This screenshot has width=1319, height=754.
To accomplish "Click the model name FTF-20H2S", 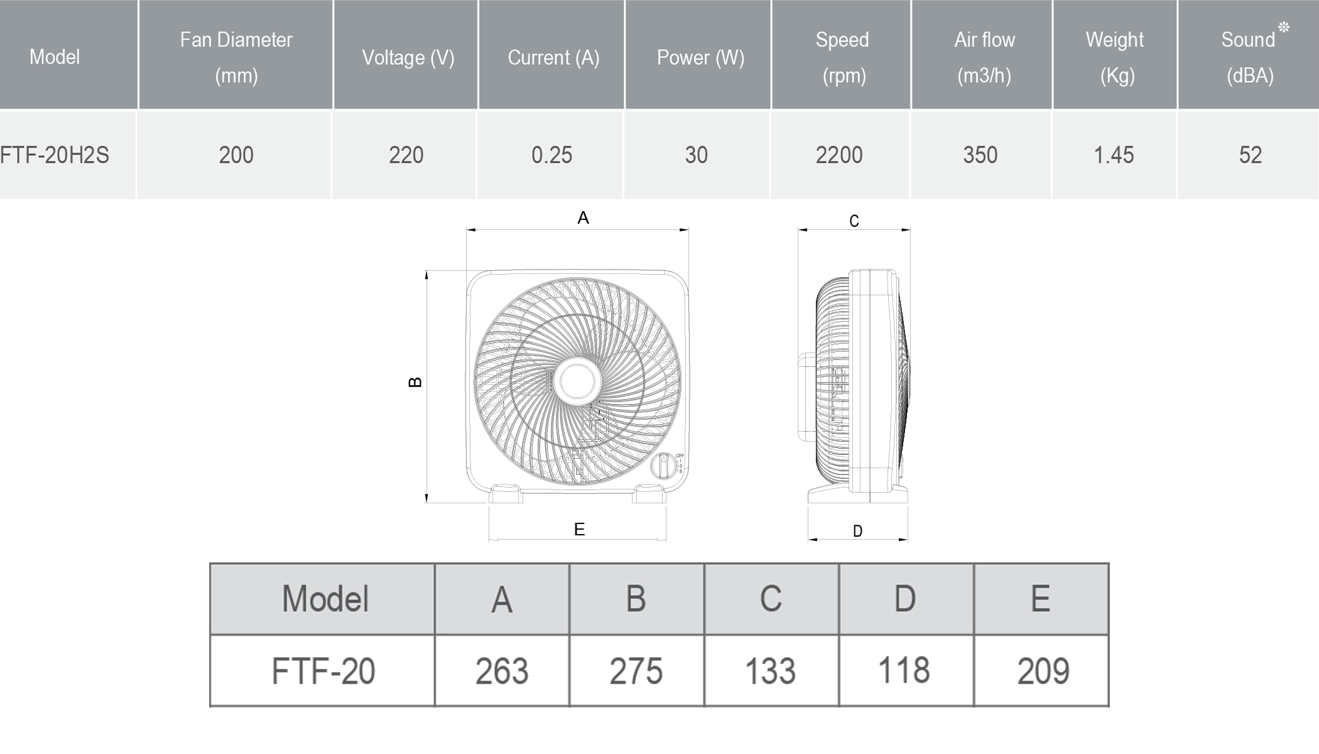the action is [x=55, y=155].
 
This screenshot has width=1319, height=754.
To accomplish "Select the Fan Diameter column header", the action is [x=236, y=57].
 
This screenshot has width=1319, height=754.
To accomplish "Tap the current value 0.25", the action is [x=551, y=155].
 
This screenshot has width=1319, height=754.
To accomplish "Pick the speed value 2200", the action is [x=839, y=155].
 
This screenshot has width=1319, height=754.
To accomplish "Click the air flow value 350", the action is [x=980, y=155].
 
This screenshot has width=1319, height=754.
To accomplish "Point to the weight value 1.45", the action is [x=1114, y=155].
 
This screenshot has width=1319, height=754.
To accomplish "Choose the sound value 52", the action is [x=1250, y=155].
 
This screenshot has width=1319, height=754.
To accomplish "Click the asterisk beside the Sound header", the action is [x=1284, y=27].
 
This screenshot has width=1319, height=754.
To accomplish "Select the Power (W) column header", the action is [x=700, y=58].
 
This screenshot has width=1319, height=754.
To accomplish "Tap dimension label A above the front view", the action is [x=583, y=218].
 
